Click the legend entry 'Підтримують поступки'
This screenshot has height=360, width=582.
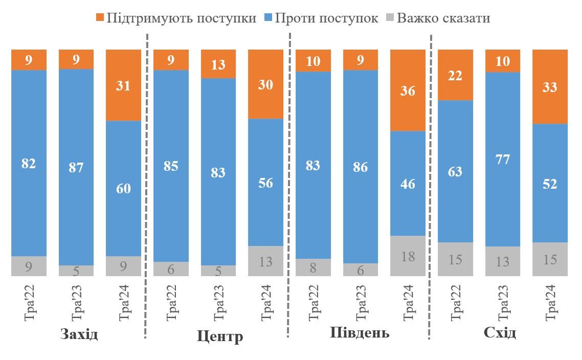click(x=176, y=18)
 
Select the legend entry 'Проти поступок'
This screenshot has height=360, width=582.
click(x=321, y=18)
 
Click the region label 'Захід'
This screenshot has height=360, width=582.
click(x=79, y=334)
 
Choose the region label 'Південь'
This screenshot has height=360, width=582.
click(x=360, y=333)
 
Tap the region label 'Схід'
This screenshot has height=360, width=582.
click(x=500, y=333)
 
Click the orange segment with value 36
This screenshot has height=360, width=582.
click(x=408, y=91)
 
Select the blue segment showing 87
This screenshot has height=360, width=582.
click(x=76, y=167)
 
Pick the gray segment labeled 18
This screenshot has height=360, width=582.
click(x=408, y=256)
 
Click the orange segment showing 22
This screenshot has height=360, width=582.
click(x=455, y=75)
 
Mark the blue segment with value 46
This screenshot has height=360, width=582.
click(x=408, y=183)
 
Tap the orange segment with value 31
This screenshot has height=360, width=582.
click(x=123, y=85)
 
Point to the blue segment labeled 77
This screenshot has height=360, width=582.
click(x=503, y=159)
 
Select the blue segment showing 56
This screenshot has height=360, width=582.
click(x=265, y=182)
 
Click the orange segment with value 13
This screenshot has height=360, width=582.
click(x=218, y=64)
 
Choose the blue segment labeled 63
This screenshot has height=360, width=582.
click(x=455, y=171)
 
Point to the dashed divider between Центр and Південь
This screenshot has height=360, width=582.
click(x=289, y=184)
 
